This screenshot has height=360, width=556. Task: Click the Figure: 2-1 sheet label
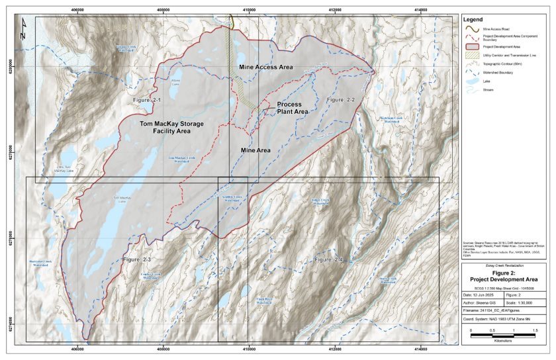(x=147, y=99)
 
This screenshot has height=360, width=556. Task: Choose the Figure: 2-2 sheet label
(x=341, y=99)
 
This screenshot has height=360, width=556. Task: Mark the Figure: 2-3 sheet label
(x=137, y=260)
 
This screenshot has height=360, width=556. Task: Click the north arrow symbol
(x=23, y=28)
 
